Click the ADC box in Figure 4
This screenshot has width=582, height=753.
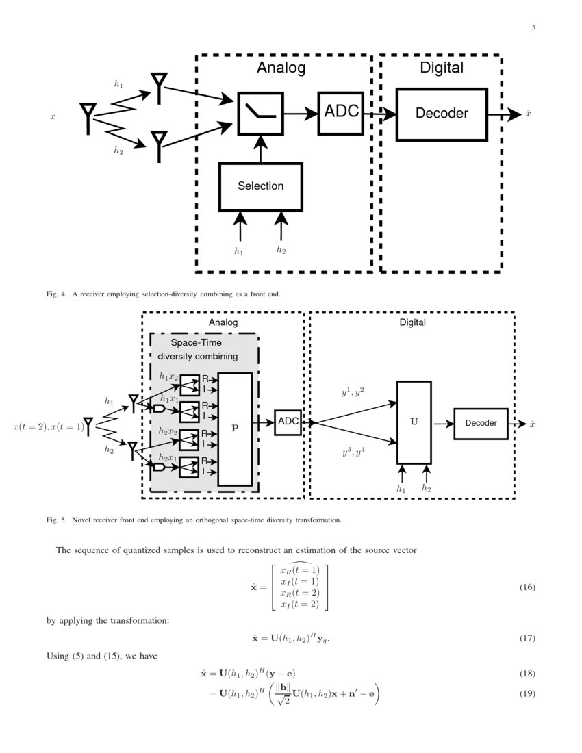click(x=341, y=112)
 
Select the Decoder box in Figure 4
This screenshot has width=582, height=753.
click(x=442, y=114)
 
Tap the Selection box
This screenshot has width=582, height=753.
click(x=260, y=186)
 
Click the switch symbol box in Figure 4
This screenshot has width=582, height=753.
click(x=260, y=113)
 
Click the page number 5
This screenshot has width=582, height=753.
click(x=533, y=28)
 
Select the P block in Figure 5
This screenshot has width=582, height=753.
click(x=235, y=429)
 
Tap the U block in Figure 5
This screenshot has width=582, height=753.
click(x=414, y=422)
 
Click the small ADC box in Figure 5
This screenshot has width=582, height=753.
click(x=288, y=422)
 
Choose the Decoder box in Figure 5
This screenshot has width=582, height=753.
click(x=481, y=423)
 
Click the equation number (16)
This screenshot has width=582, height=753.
click(x=526, y=587)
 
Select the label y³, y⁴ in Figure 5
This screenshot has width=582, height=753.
click(x=353, y=452)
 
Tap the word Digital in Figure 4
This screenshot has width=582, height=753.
click(x=441, y=68)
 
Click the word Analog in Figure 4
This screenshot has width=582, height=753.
click(x=281, y=68)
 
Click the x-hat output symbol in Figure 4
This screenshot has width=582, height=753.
click(x=529, y=114)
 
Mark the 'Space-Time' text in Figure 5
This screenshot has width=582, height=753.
click(x=196, y=343)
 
